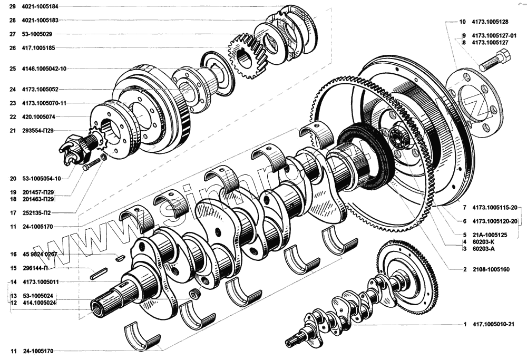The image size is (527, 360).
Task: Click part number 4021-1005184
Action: [x=40, y=6]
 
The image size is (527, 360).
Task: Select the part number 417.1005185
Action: [x=38, y=48]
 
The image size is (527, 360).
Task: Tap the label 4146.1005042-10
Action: [x=44, y=69]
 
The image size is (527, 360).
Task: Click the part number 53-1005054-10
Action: [x=42, y=179]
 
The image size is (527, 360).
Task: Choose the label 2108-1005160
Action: [x=491, y=269]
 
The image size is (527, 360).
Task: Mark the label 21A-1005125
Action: [x=490, y=235]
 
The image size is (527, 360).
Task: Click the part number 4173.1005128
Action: [x=490, y=22]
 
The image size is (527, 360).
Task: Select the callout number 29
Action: [x=13, y=6]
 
